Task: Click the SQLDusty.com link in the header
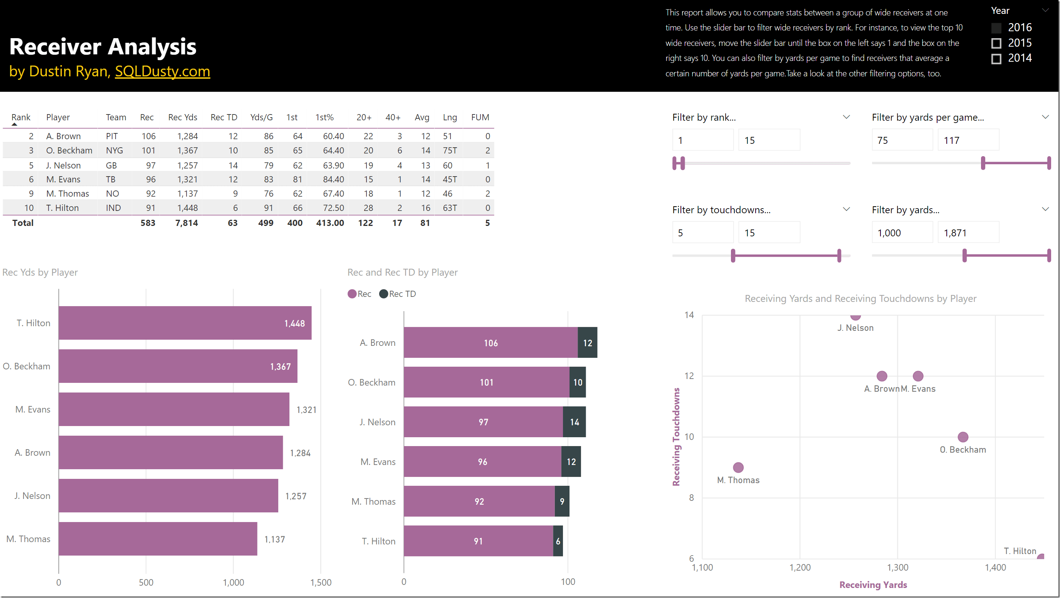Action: tap(162, 72)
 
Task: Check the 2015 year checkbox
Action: tap(996, 43)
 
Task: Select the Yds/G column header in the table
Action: tap(261, 117)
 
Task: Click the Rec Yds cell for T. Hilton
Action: tap(187, 208)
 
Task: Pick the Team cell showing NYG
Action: tap(114, 151)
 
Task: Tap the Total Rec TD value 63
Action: tap(232, 223)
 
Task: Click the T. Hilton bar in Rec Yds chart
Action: tap(185, 323)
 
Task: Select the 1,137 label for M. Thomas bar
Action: tap(274, 539)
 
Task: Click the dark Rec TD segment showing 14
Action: tap(575, 422)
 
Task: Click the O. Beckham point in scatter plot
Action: tap(963, 436)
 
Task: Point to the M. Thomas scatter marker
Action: tap(738, 467)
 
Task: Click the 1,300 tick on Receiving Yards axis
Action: tap(897, 568)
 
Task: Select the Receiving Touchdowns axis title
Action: tap(676, 436)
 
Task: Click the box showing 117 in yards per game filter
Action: tap(968, 140)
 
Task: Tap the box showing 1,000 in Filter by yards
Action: tap(902, 233)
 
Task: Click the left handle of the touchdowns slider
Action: tap(733, 256)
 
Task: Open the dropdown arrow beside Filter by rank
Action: tap(847, 117)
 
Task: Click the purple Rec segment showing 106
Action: tap(491, 343)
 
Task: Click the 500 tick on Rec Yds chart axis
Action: tap(146, 582)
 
